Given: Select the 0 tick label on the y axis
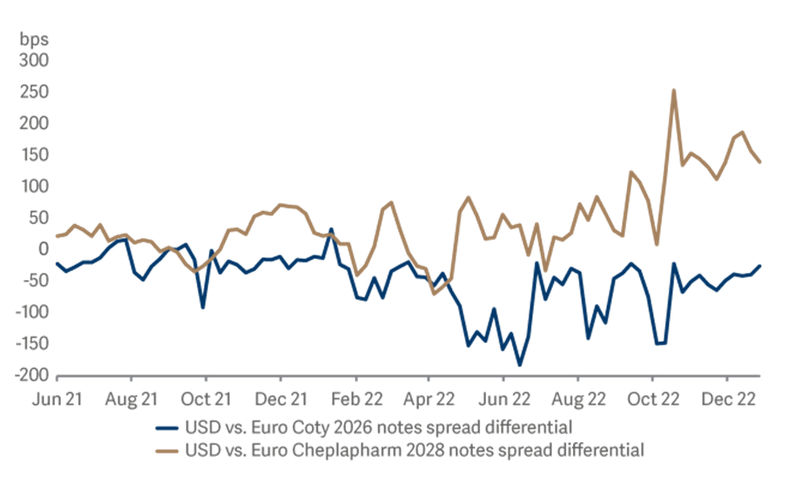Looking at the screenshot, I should pyautogui.click(x=42, y=249).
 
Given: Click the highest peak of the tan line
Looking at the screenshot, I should pyautogui.click(x=674, y=90).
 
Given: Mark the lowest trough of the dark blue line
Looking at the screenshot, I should pyautogui.click(x=520, y=365).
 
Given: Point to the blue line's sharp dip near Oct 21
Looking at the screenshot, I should pyautogui.click(x=203, y=307).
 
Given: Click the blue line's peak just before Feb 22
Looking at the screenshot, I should pyautogui.click(x=331, y=229).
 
